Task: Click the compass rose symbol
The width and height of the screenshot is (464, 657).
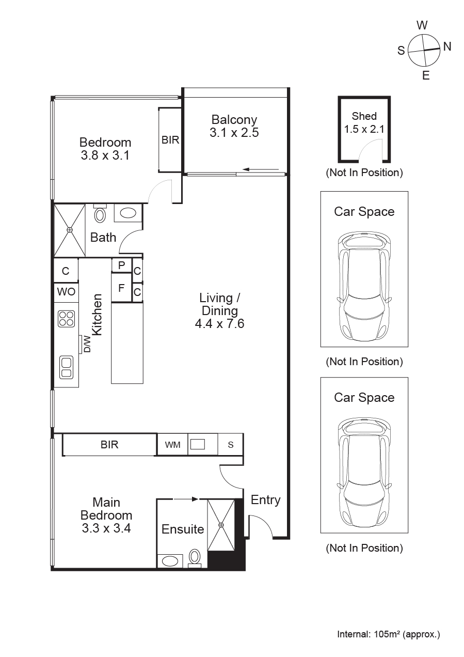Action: (424, 50)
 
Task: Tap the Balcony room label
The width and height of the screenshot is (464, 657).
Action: (234, 120)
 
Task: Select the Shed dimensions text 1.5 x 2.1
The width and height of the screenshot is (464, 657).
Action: (364, 129)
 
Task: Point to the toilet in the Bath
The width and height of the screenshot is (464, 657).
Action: (100, 214)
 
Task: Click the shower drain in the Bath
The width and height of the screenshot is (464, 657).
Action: (70, 230)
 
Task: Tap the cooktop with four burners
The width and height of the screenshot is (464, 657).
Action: (66, 318)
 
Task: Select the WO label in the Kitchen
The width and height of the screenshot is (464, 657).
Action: (66, 292)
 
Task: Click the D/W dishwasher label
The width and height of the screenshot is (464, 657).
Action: (87, 344)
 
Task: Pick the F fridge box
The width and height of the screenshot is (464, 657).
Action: (121, 288)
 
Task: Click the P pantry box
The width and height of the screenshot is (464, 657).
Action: (121, 265)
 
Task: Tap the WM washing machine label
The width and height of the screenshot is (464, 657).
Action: (172, 445)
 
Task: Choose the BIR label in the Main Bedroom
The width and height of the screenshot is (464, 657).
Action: (109, 445)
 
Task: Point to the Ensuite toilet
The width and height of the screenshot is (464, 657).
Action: (195, 556)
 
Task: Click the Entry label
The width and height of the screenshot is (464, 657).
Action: (265, 500)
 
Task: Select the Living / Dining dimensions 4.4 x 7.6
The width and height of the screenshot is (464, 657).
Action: (219, 324)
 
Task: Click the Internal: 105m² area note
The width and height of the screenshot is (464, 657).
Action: (388, 634)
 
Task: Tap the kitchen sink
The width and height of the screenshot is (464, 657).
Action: (66, 367)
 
